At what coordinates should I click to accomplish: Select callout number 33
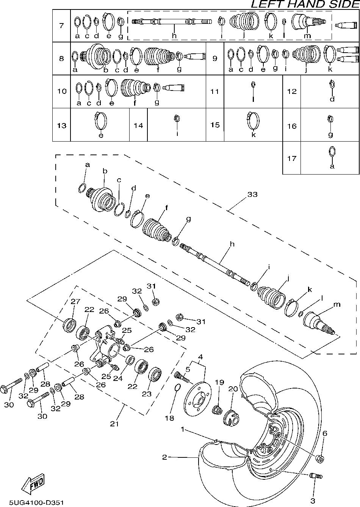coord(252,194)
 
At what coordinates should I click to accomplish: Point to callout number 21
coord(114,424)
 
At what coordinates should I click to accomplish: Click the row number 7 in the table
coord(61,25)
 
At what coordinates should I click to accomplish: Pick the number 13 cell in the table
coord(61,125)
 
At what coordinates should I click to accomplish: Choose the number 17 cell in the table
coord(291,158)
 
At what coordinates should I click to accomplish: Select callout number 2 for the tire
coord(164,457)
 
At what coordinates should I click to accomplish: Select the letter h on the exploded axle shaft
coord(232,244)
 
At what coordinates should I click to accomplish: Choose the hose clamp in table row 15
coord(254,122)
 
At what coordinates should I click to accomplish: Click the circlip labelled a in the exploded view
coord(81,187)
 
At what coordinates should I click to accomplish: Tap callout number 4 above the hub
coord(200,357)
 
